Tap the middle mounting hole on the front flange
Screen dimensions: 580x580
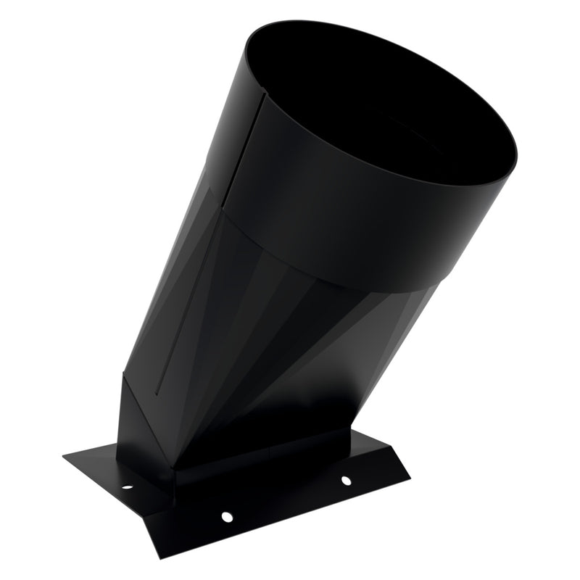pyautogui.click(x=227, y=516)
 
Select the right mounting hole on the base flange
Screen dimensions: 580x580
pyautogui.click(x=345, y=480)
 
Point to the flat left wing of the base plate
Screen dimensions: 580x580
pyautogui.click(x=101, y=468)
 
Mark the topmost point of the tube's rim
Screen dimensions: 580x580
pyautogui.click(x=304, y=21)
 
